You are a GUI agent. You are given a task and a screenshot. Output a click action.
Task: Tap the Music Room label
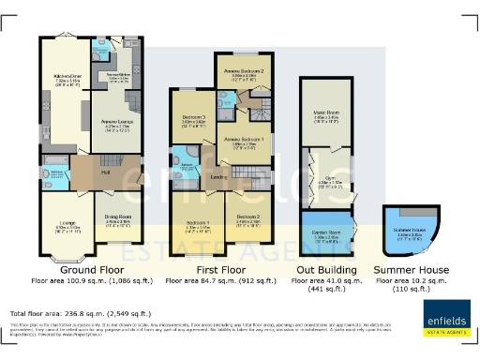(x=325, y=115)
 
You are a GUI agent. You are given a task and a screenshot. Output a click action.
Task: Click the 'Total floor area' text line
(x=80, y=312)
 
